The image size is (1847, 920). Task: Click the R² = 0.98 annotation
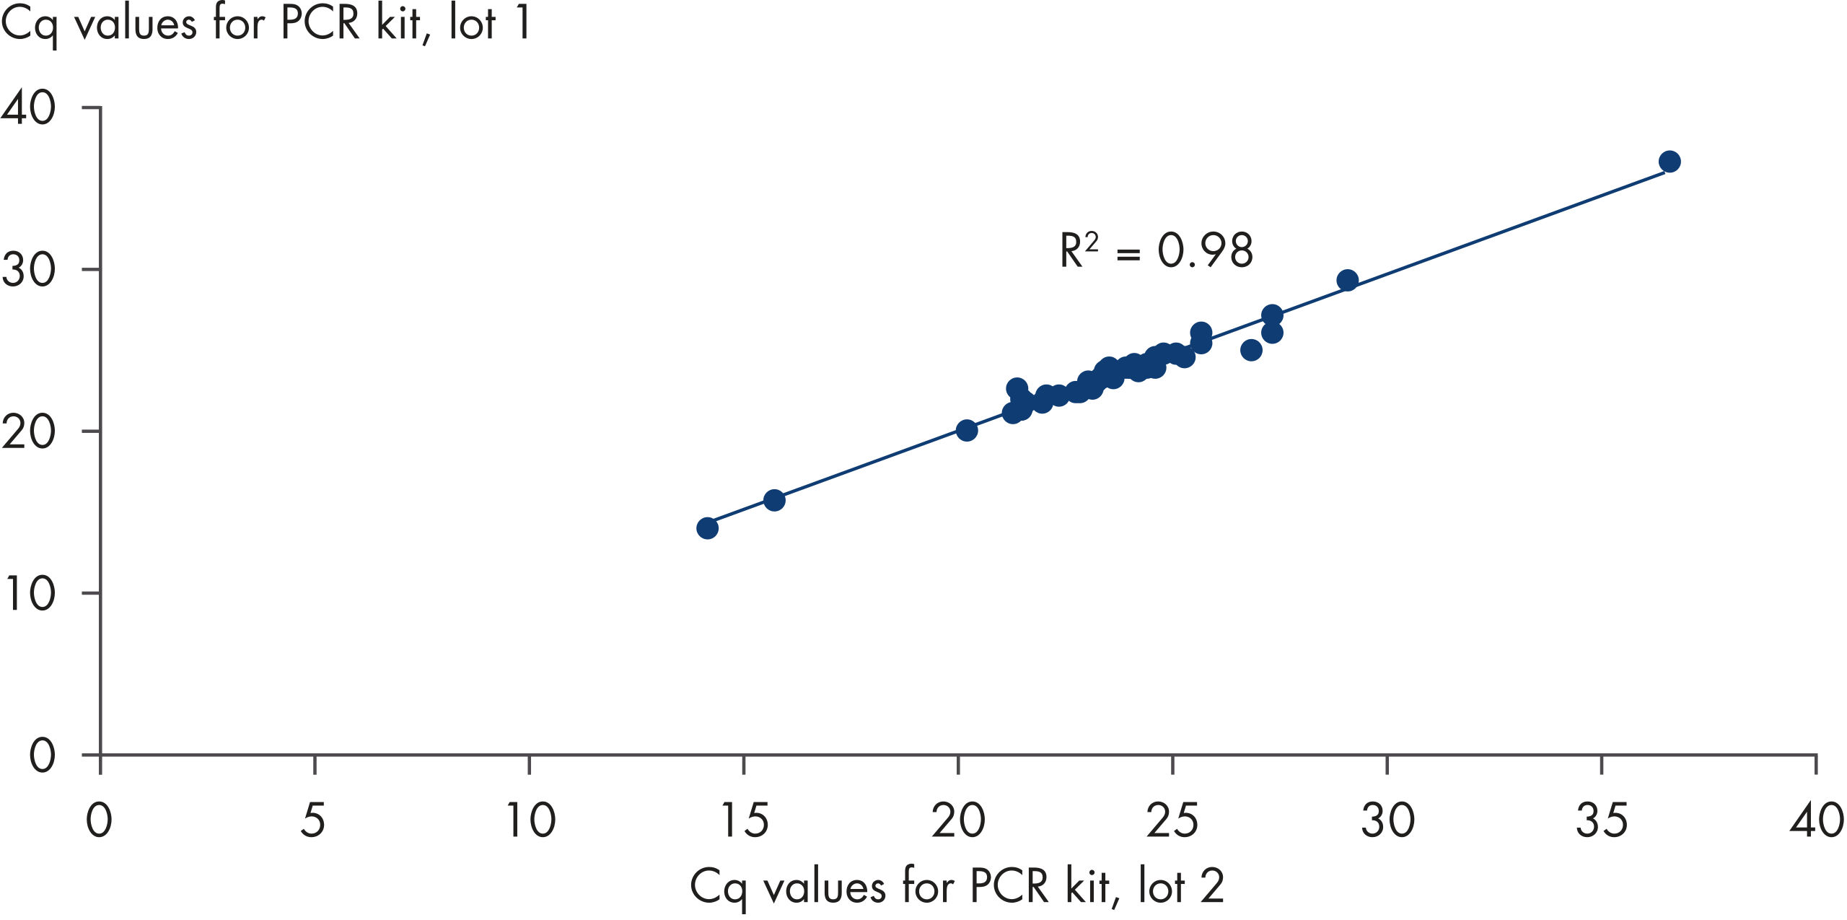pyautogui.click(x=1156, y=250)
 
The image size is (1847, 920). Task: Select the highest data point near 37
pyautogui.click(x=1670, y=162)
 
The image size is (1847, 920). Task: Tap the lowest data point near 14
pyautogui.click(x=707, y=528)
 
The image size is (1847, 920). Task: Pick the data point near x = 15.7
pyautogui.click(x=774, y=500)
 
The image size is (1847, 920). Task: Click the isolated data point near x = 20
pyautogui.click(x=967, y=430)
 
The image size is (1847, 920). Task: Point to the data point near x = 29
pyautogui.click(x=1347, y=280)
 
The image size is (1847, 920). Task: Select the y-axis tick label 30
pyautogui.click(x=29, y=270)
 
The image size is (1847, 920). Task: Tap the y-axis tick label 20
pyautogui.click(x=29, y=432)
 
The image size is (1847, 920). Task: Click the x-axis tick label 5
pyautogui.click(x=313, y=820)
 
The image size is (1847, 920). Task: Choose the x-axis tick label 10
pyautogui.click(x=530, y=820)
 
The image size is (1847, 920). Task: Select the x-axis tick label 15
pyautogui.click(x=745, y=820)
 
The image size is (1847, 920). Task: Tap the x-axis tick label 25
pyautogui.click(x=1173, y=820)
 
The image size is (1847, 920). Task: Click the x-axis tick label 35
pyautogui.click(x=1602, y=820)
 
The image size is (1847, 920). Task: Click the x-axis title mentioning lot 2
pyautogui.click(x=957, y=886)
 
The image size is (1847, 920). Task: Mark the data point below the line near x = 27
pyautogui.click(x=1251, y=350)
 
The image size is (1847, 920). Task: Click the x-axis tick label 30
pyautogui.click(x=1387, y=820)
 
